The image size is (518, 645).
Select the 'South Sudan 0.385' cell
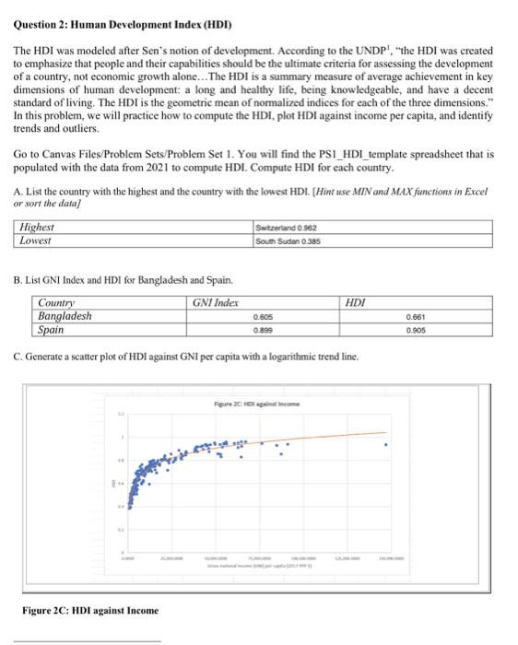coord(287,240)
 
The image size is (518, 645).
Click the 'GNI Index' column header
coord(217,302)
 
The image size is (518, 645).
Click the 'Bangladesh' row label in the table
coord(65,315)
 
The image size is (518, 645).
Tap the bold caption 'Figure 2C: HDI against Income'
coord(90,610)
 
